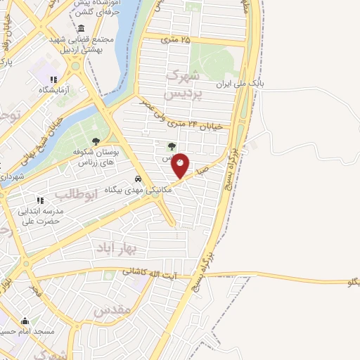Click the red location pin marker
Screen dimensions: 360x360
point(181,165)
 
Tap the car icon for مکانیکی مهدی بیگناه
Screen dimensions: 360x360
point(139,179)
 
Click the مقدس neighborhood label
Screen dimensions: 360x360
point(112,309)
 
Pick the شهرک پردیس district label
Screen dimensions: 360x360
point(182,84)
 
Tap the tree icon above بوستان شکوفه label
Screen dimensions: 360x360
point(96,141)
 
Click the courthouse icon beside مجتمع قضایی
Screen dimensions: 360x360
point(82,29)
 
